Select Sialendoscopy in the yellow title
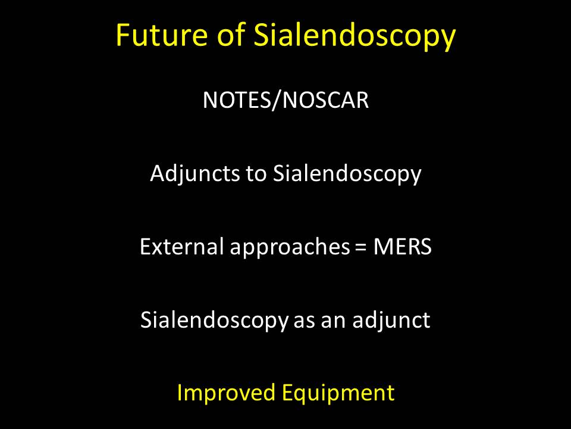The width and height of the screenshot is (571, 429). [354, 36]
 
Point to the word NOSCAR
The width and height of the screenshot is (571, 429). [325, 100]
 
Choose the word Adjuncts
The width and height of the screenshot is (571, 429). [195, 174]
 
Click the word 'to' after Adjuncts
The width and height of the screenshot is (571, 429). [256, 174]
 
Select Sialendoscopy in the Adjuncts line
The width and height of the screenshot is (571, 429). [347, 174]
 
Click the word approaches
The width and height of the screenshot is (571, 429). [290, 248]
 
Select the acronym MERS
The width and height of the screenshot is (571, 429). [403, 247]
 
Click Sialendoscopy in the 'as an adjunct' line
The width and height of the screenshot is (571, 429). [215, 321]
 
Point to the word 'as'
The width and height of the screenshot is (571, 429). [304, 322]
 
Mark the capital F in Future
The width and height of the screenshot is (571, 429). [123, 35]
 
